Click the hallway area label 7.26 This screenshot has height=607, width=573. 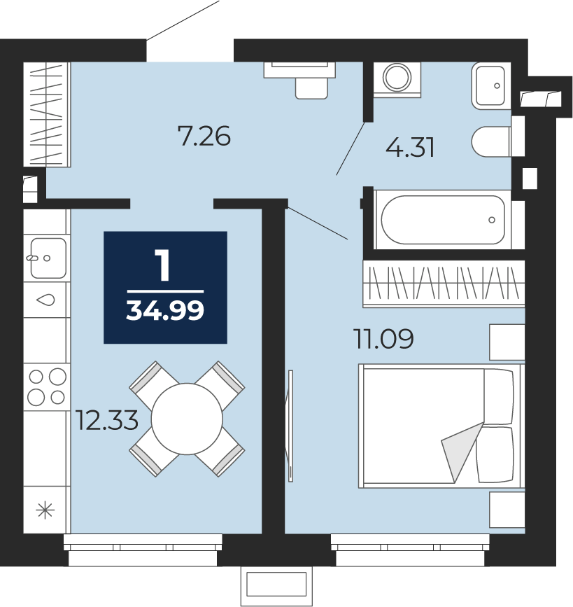click(x=204, y=136)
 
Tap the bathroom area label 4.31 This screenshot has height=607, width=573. click(x=410, y=147)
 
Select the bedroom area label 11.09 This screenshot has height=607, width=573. click(x=383, y=338)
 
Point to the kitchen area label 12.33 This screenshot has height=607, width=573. click(x=107, y=420)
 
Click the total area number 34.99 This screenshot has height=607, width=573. click(x=165, y=310)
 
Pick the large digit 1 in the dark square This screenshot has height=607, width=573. click(x=163, y=265)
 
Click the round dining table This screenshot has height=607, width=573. click(x=187, y=419)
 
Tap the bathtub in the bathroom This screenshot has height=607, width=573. click(x=443, y=220)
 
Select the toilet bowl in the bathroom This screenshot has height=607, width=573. click(x=491, y=141)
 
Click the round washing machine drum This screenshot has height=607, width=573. click(x=397, y=77)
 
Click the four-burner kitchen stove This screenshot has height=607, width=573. click(x=46, y=386)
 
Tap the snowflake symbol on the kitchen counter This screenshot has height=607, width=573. click(x=45, y=510)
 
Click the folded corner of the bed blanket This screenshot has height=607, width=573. click(x=462, y=452)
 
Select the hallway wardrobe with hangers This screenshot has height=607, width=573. click(x=47, y=115)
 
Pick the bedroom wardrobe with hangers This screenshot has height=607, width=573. click(x=444, y=284)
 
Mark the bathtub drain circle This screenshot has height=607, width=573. click(x=492, y=220)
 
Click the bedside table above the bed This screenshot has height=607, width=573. click(x=507, y=342)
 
